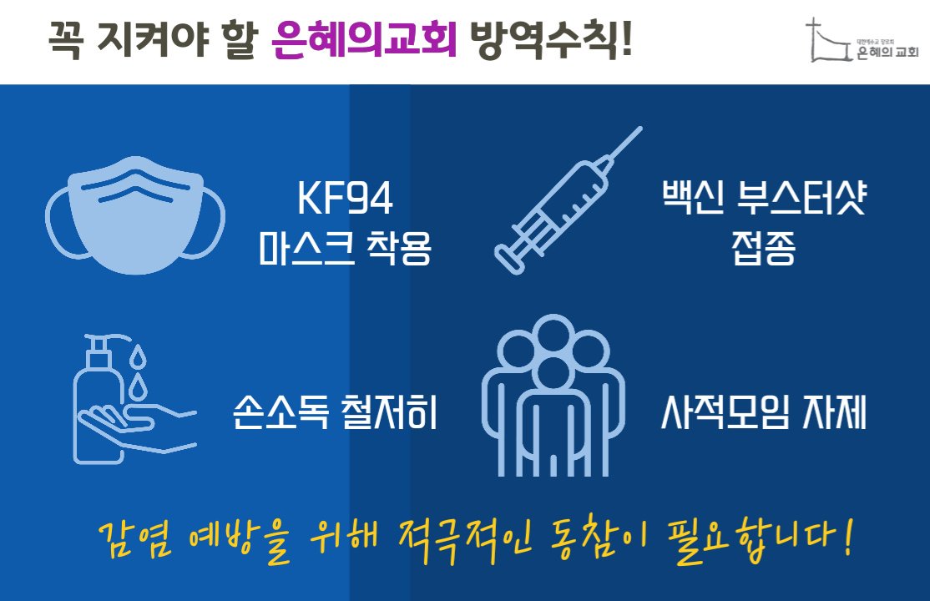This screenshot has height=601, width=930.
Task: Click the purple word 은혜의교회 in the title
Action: pos(364,40)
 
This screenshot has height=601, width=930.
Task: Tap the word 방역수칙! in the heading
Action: pos(551,40)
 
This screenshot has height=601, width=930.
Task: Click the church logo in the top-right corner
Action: pos(862,40)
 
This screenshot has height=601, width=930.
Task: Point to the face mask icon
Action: pos(135,215)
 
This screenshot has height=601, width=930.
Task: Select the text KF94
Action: pos(345,198)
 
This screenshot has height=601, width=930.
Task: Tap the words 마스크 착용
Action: pos(345,247)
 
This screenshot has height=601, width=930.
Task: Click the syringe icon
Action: pos(569,200)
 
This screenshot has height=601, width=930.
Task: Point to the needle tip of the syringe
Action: pos(640,128)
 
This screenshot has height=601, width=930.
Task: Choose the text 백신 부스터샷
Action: pos(764,198)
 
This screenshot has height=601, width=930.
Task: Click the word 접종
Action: pos(763,247)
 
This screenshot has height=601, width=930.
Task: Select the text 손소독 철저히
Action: pos(335,412)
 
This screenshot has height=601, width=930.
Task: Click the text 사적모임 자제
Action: pos(764,412)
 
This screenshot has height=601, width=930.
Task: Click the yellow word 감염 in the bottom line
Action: pos(136,538)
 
